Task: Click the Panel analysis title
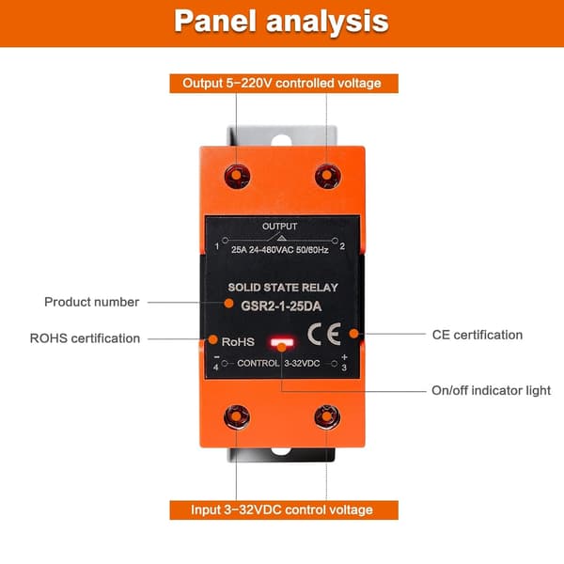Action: click(x=281, y=22)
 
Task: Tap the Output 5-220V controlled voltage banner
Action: click(x=284, y=84)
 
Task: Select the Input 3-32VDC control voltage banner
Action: click(x=284, y=510)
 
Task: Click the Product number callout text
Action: click(x=92, y=302)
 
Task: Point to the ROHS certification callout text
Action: click(x=85, y=338)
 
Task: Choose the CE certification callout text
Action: click(x=478, y=335)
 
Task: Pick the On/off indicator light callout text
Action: click(x=491, y=390)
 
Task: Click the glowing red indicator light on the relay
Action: click(x=282, y=342)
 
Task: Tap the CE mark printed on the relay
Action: click(x=324, y=334)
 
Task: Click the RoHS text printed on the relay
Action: click(x=238, y=342)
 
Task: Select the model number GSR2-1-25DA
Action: click(x=281, y=306)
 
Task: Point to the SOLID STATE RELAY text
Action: click(x=283, y=288)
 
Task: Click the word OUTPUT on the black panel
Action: click(x=279, y=227)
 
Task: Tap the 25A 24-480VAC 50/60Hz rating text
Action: click(x=280, y=250)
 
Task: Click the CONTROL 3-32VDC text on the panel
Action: click(x=278, y=363)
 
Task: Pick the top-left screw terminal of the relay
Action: click(x=237, y=177)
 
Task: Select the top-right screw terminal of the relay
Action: click(x=327, y=177)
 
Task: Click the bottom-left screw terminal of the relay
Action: click(x=237, y=416)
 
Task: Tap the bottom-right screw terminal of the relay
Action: click(x=327, y=416)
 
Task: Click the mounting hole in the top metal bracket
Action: click(x=281, y=141)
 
